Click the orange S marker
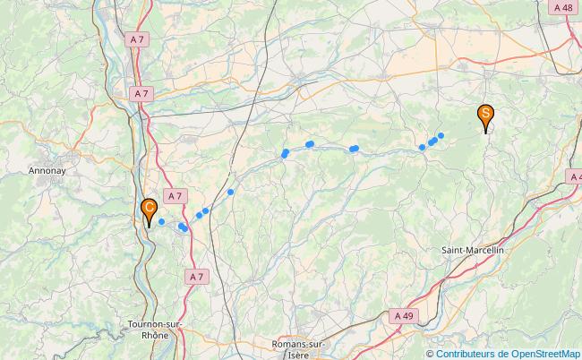(485, 115)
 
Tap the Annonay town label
(46, 169)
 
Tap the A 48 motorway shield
(562, 7)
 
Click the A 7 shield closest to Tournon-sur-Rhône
(198, 278)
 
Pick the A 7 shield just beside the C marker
(175, 196)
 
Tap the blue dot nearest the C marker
(162, 221)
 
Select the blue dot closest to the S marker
(441, 135)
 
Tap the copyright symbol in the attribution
(430, 353)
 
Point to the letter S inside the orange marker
(485, 113)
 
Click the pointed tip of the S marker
(486, 133)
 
